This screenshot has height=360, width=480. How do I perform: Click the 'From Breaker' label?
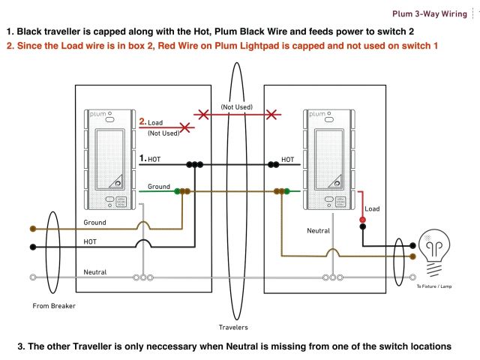click(54, 305)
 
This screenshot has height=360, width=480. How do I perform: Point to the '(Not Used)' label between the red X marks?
click(236, 107)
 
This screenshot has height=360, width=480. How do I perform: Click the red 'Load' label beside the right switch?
click(373, 208)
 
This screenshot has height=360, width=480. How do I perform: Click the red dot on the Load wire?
click(362, 220)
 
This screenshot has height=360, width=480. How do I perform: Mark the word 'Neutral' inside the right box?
click(318, 232)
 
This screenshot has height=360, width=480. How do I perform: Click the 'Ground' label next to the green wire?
click(159, 186)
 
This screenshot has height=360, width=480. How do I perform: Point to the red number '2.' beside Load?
click(142, 121)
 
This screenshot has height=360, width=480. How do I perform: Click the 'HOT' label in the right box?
click(288, 159)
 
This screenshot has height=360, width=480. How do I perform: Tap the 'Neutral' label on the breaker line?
click(95, 271)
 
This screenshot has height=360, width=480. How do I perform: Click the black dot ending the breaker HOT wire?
click(32, 246)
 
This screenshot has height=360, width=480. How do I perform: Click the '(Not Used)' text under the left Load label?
click(163, 133)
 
